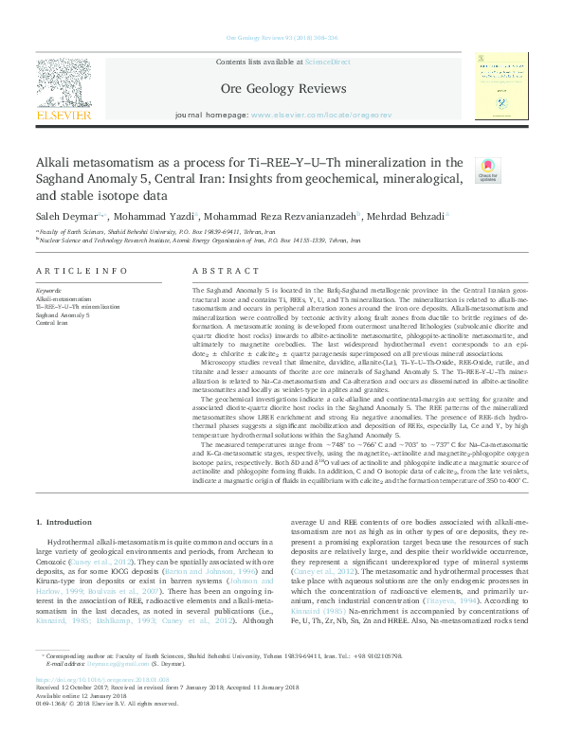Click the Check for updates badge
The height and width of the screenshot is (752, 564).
click(x=488, y=170)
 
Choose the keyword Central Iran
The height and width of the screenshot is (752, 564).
click(x=51, y=323)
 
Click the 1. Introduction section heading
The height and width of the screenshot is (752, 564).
click(x=64, y=523)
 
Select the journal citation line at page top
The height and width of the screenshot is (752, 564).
click(x=281, y=39)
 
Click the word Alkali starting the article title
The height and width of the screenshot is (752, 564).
click(x=56, y=161)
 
